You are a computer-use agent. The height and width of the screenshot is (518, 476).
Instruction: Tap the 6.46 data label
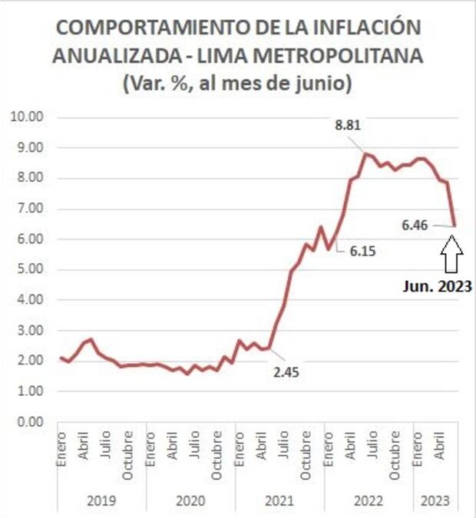coord(415,225)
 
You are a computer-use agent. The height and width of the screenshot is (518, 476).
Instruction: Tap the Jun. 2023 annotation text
coord(436,288)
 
